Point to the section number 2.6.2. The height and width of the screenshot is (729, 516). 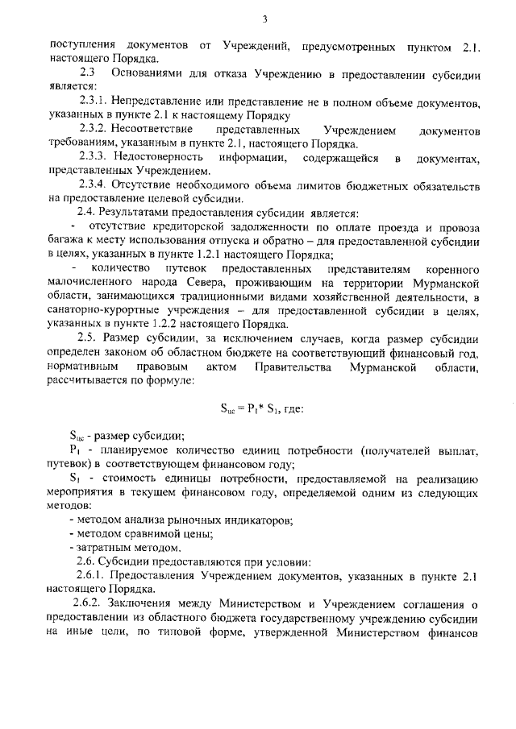(x=89, y=603)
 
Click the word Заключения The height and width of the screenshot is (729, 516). (x=143, y=603)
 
